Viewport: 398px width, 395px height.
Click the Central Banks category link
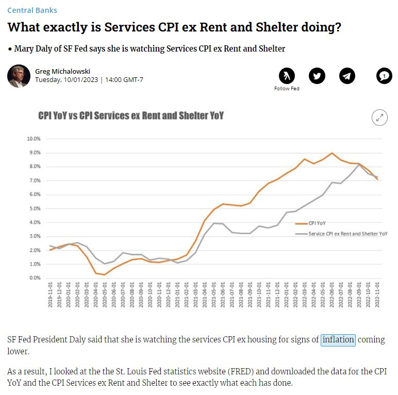click(x=32, y=10)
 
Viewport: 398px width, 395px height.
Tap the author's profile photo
click(x=19, y=76)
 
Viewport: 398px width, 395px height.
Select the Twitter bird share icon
click(x=317, y=76)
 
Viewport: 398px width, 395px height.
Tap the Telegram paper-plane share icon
click(x=347, y=76)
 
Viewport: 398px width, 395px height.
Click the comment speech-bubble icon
click(x=384, y=76)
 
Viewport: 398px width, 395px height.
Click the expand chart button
click(x=379, y=118)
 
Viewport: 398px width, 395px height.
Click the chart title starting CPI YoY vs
click(x=131, y=116)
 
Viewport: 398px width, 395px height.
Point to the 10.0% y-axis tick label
click(x=33, y=139)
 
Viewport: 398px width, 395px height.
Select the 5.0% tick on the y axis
click(x=34, y=208)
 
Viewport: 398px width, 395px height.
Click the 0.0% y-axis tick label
click(x=34, y=278)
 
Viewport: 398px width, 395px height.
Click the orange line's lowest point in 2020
click(x=105, y=274)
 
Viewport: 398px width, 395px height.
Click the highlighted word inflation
click(x=338, y=340)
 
